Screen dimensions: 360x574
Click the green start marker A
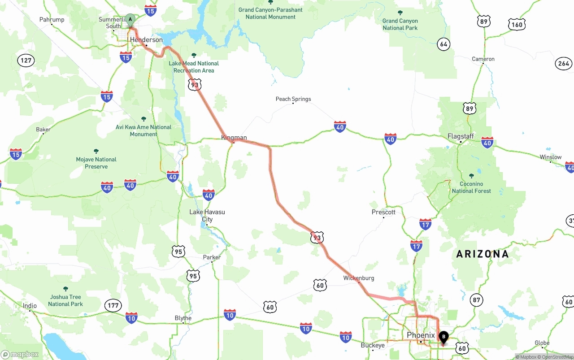pos(130,20)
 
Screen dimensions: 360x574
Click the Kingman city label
pos(234,138)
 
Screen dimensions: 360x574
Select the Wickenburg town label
pos(358,278)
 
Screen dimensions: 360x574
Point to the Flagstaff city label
pos(461,136)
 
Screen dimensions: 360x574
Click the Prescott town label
pos(383,212)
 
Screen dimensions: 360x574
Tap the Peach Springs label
pos(293,99)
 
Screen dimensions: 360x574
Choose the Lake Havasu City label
pos(207,216)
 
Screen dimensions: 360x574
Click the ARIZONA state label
pos(483,254)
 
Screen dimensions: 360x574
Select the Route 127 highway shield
pos(26,61)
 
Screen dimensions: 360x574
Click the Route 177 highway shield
pos(113,306)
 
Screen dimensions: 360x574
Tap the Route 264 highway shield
pos(564,63)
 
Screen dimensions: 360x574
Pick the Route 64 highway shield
pos(444,44)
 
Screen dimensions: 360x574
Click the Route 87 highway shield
pos(476,300)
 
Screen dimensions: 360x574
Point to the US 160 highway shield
pos(517,25)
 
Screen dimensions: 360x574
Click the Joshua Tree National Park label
pos(65,300)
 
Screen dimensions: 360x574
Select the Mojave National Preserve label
pos(96,163)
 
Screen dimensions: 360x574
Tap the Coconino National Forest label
pos(471,187)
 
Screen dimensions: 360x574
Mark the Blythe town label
pos(183,318)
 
